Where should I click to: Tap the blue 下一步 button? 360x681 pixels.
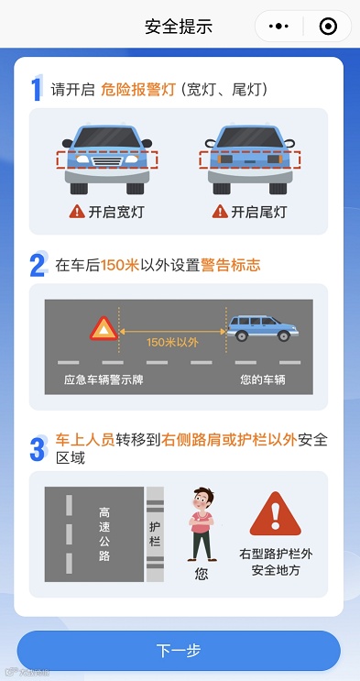click(x=179, y=650)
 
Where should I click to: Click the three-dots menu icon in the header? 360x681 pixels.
click(x=278, y=27)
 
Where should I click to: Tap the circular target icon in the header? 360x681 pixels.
click(x=328, y=27)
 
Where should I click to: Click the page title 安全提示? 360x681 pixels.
click(x=179, y=27)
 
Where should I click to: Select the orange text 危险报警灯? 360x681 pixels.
click(x=138, y=90)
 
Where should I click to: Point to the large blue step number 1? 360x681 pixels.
click(x=37, y=88)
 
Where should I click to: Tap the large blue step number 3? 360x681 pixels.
click(x=38, y=448)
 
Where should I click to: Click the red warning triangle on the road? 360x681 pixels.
click(x=104, y=328)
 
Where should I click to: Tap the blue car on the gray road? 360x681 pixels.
click(x=263, y=328)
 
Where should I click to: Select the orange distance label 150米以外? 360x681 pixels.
click(x=172, y=342)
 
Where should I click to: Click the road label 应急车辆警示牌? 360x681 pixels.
click(x=104, y=380)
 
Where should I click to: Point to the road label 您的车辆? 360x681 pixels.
click(x=263, y=380)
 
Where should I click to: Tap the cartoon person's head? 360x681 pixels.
click(x=203, y=500)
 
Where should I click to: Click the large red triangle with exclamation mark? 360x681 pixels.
click(x=275, y=514)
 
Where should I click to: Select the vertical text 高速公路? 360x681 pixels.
click(x=104, y=534)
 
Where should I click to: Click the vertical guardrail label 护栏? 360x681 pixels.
click(x=155, y=534)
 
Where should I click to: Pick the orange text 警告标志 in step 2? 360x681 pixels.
click(x=231, y=265)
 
